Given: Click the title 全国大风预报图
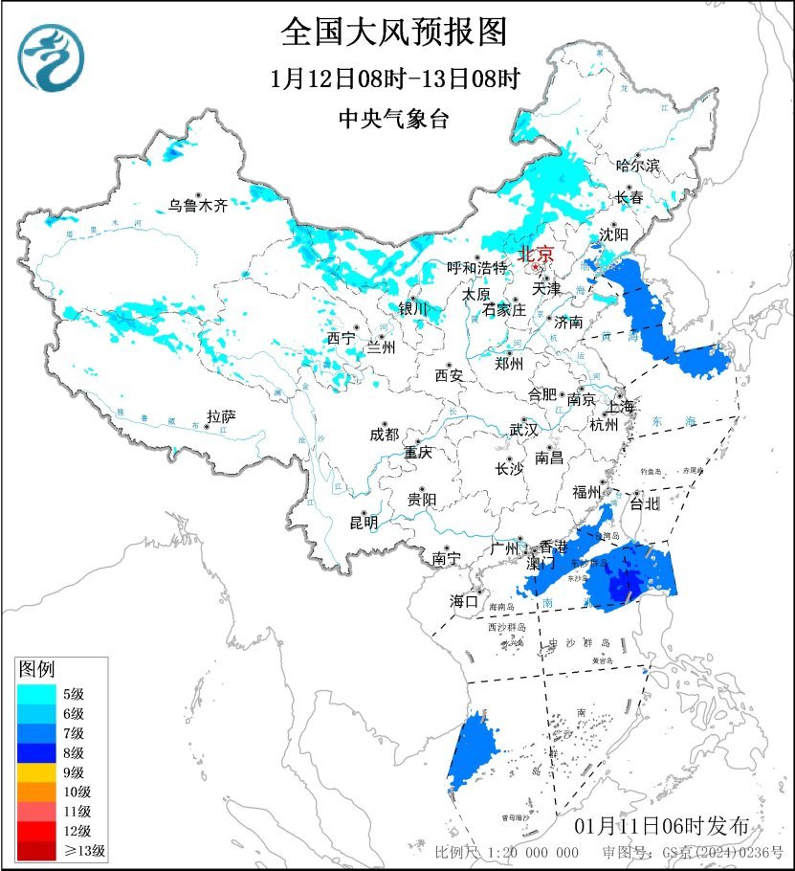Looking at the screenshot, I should pos(393,33).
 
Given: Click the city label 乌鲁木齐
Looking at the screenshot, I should pos(198,205).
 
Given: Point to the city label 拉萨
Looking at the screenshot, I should pos(221,416).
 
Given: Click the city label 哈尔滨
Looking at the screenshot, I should pos(638,166).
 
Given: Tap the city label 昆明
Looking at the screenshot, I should pos(364,523).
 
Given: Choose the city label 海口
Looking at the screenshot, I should pos(464,601).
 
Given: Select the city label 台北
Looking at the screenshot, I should pos(645,502).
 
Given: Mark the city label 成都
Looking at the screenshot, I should pos(384,434).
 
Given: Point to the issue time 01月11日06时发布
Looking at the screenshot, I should pos(669,825).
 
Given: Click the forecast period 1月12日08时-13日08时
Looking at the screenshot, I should pos(394,79).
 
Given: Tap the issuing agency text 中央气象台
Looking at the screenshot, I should pos(393,120).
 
